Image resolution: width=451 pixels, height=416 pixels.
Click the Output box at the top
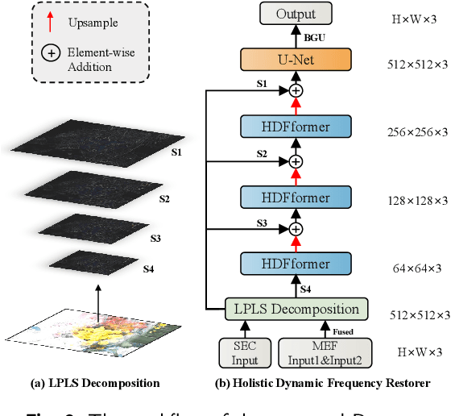pos(296,14)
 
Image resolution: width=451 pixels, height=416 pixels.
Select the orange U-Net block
pos(296,60)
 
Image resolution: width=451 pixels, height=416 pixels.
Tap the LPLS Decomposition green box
pos(296,309)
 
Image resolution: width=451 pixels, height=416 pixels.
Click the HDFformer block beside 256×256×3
pos(296,127)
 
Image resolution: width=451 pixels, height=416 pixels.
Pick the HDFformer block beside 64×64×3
pos(296,264)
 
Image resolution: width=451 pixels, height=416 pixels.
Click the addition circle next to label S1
pos(296,91)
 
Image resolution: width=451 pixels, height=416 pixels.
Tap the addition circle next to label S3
pos(296,230)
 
